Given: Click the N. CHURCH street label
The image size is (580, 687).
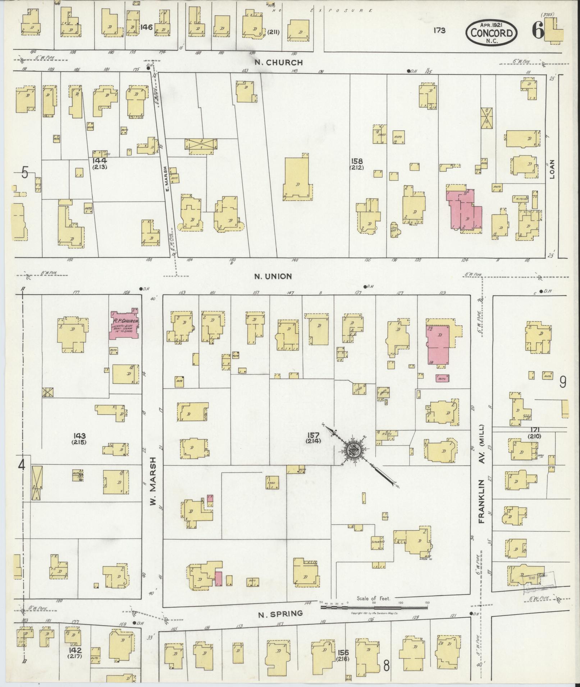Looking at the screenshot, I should [279, 62].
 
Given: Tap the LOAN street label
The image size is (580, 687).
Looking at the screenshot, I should [552, 169].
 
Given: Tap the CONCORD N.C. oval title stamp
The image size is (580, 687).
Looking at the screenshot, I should [492, 33].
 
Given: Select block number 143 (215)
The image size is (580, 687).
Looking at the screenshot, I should [79, 439].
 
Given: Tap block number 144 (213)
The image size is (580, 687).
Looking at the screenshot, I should [99, 163].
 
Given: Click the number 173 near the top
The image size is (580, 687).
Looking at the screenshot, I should [439, 31].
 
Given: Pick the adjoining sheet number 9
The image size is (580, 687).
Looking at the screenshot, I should [563, 382].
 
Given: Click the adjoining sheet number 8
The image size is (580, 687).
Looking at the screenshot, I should [386, 665].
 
